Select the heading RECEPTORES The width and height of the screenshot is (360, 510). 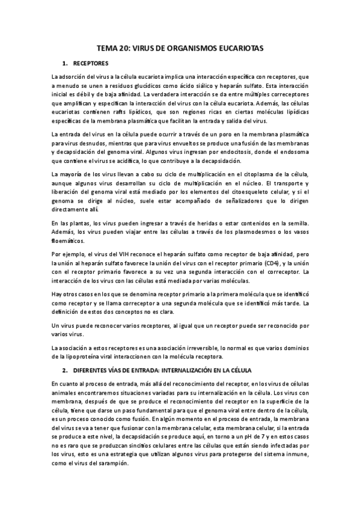pos(91,63)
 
